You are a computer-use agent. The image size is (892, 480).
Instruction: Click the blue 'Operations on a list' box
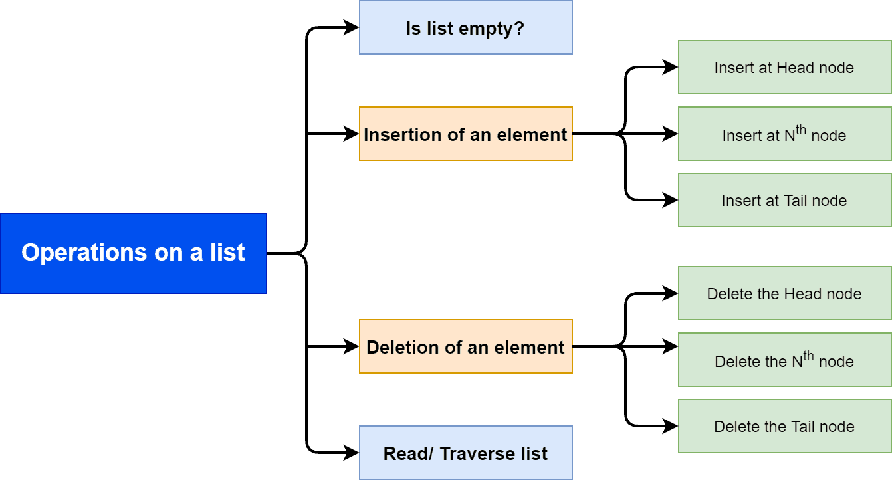click(x=133, y=253)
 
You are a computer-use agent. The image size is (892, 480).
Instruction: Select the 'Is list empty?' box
click(x=465, y=28)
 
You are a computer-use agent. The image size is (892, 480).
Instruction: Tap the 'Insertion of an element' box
click(x=465, y=134)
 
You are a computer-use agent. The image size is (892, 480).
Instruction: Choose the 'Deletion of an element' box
click(x=465, y=346)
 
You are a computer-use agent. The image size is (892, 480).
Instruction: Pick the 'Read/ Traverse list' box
click(x=465, y=453)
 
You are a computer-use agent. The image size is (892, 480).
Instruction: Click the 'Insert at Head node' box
click(x=784, y=67)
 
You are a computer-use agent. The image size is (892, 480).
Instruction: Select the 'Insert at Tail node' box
click(x=784, y=200)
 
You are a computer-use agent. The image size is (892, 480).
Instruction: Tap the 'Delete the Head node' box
click(x=784, y=293)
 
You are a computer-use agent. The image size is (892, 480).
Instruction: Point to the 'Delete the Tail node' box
click(x=784, y=426)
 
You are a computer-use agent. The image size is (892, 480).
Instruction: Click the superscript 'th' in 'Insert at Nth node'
click(x=801, y=130)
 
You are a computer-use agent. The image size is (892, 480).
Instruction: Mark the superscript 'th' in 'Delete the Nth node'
click(x=808, y=356)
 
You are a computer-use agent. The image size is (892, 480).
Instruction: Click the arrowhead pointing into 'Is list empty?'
click(x=352, y=28)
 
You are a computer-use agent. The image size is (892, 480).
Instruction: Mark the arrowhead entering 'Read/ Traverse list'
click(x=352, y=453)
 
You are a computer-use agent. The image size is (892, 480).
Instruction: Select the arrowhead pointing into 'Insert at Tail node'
click(x=671, y=200)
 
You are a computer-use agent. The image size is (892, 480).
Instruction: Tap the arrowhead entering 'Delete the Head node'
click(x=671, y=293)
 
